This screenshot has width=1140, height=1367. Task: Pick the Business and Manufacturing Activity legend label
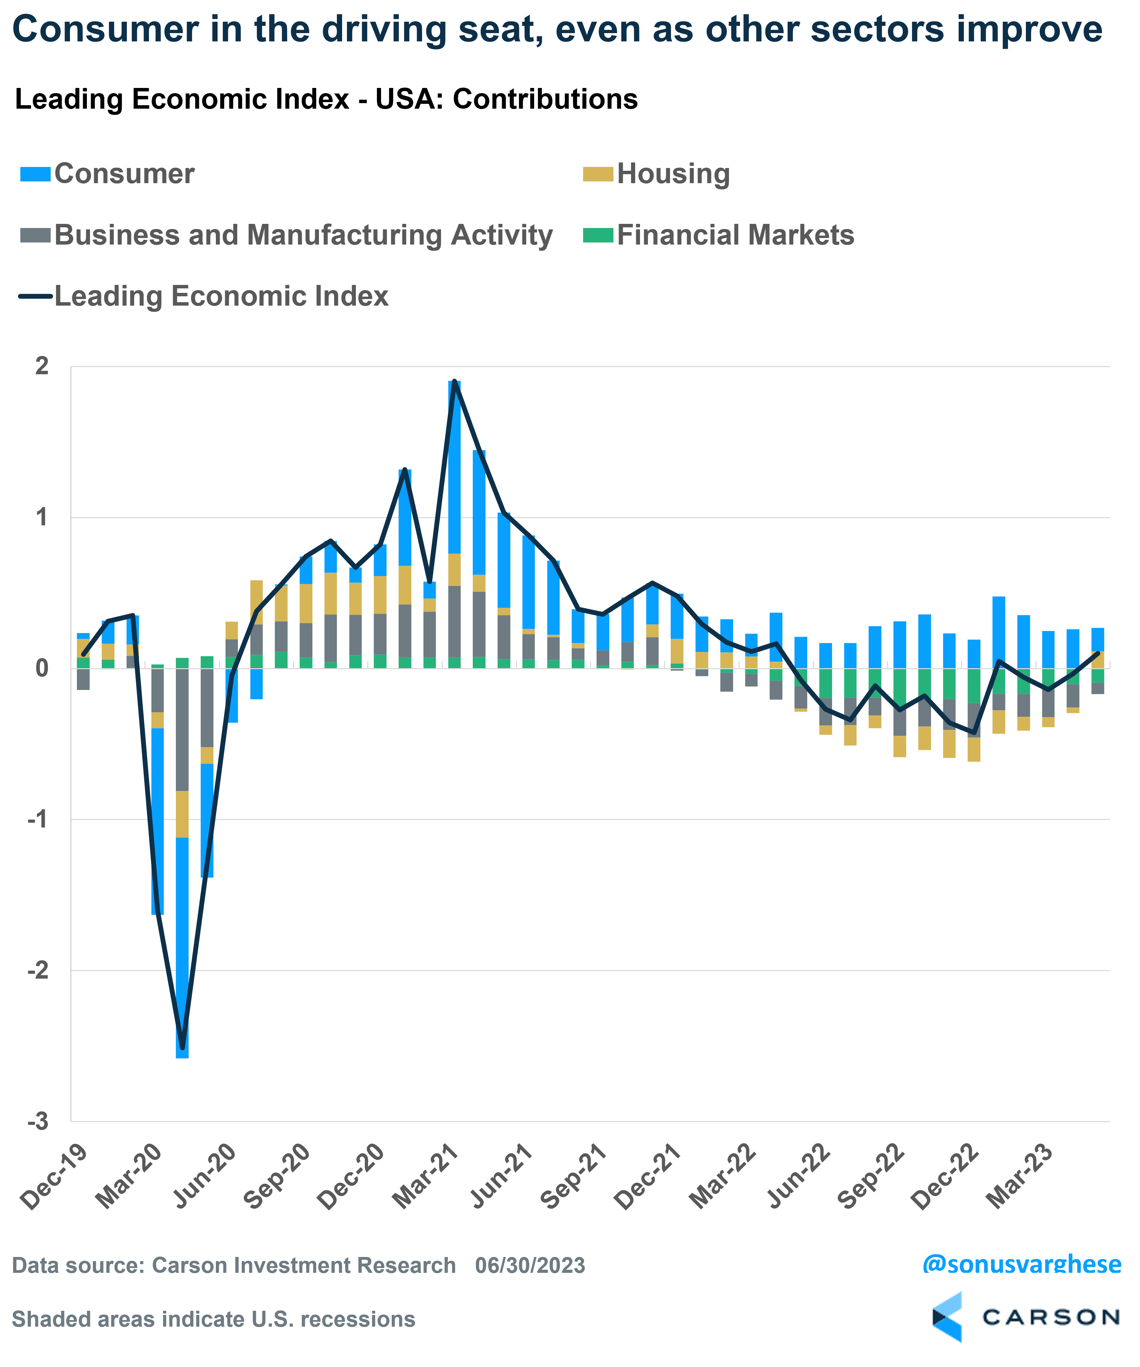point(303,235)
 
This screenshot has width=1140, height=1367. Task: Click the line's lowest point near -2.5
point(182,1048)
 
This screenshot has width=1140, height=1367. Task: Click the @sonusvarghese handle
point(1022,1264)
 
